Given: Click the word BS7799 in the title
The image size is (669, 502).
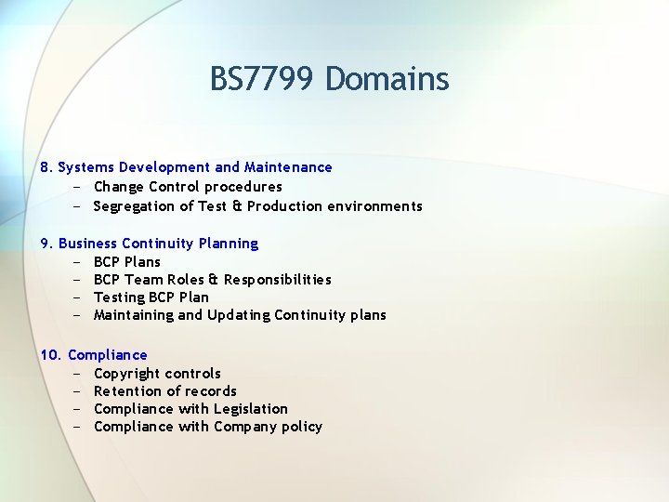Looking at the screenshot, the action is pos(264,79).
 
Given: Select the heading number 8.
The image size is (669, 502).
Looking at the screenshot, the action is pos(46,167).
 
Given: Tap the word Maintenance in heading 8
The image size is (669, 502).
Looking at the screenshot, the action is pos(288,167).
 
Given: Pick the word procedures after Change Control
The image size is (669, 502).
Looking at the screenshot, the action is pos(243,187).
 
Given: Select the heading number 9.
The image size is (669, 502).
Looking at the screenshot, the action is pos(46,244).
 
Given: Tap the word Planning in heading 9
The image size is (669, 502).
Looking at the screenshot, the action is pos(229,244).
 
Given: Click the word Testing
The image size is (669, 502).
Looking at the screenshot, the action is pos(119,297).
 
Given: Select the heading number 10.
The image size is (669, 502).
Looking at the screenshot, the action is pos(50,355).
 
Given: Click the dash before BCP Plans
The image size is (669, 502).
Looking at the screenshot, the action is pos(75,262).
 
